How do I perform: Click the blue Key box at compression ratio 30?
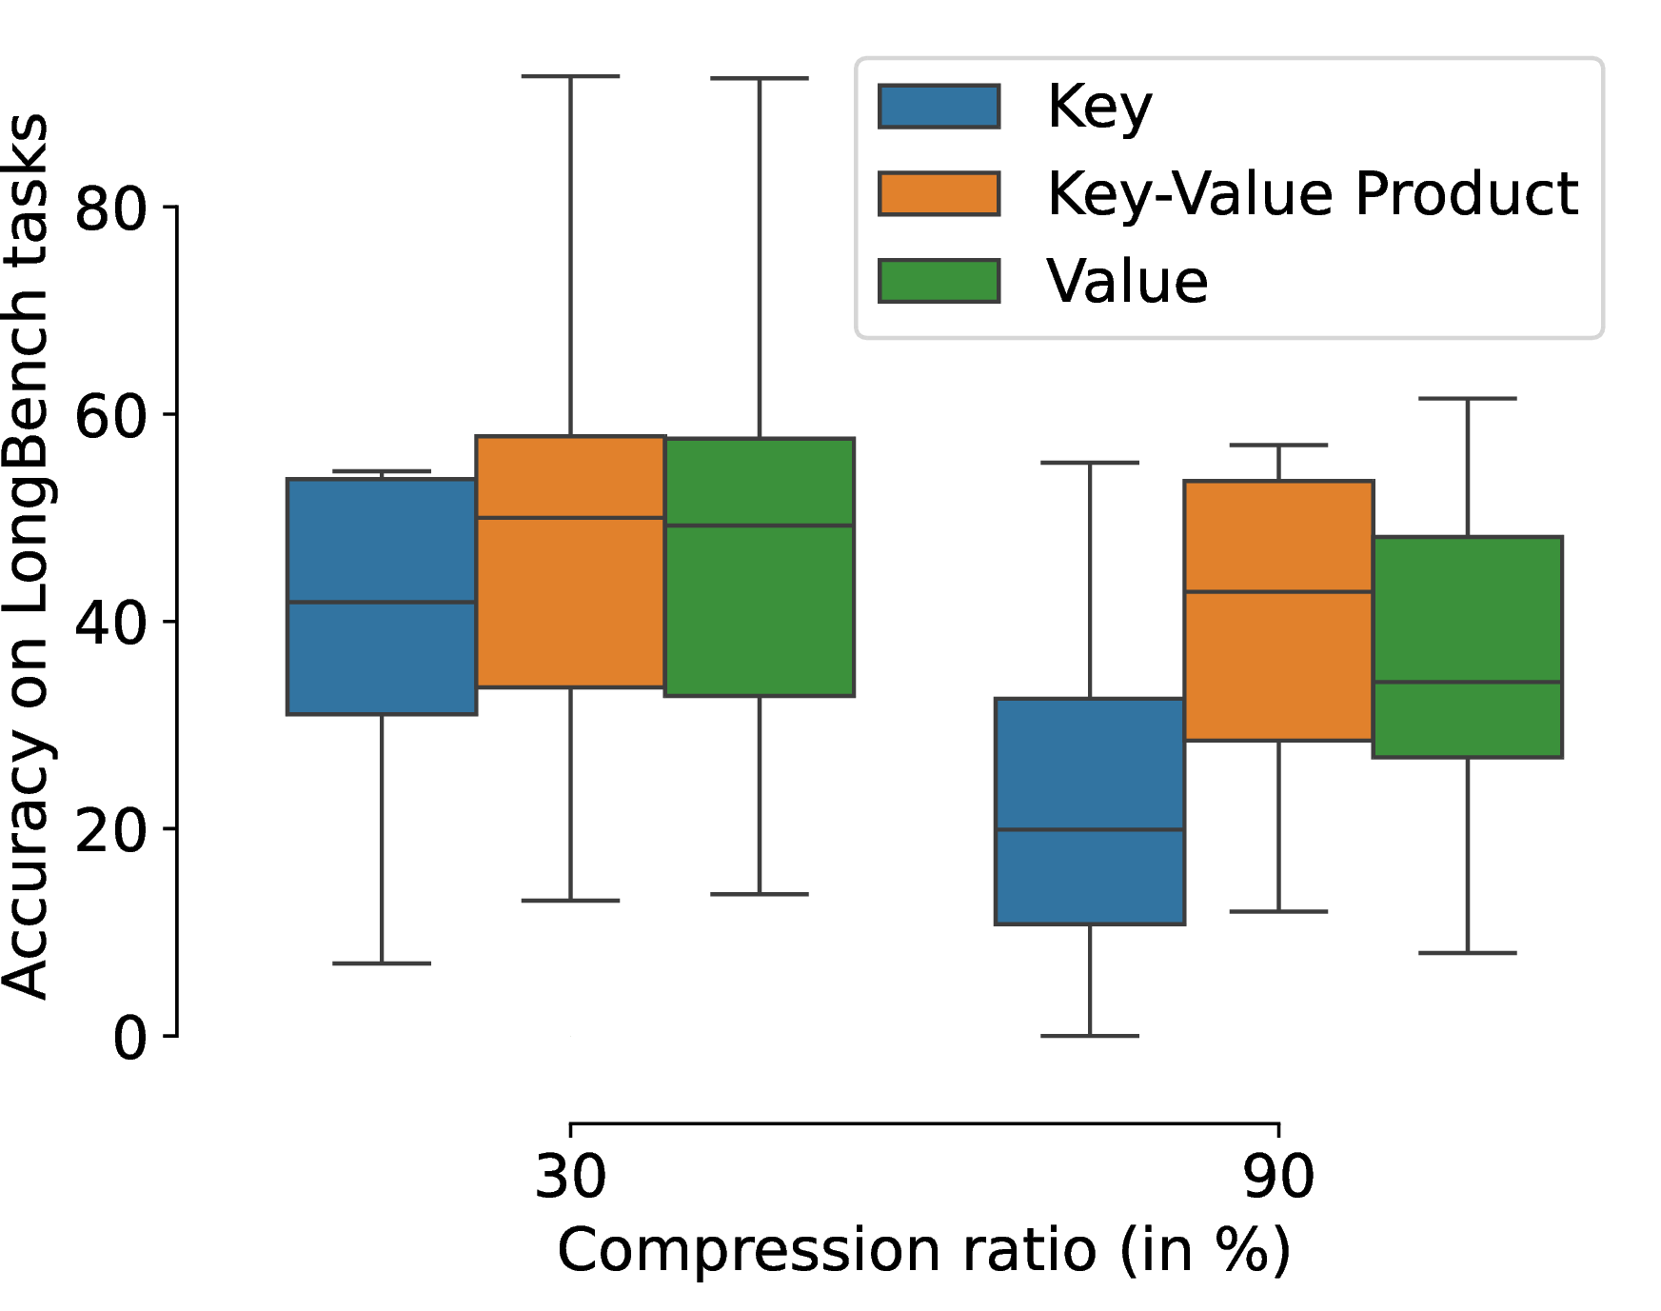pos(382,596)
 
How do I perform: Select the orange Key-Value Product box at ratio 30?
pos(570,562)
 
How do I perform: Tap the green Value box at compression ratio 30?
pos(760,567)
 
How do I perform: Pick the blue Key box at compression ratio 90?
pos(1090,811)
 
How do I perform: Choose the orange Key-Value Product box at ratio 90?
pos(1278,610)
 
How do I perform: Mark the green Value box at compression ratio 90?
pos(1468,647)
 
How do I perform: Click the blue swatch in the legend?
pos(939,107)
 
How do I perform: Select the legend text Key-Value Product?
pos(1312,194)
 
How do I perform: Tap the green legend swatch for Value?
pos(939,281)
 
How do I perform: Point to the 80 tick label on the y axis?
pos(111,208)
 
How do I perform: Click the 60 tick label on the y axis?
pos(111,415)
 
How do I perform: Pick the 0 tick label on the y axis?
pos(130,1037)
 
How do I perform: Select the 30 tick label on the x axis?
pos(570,1176)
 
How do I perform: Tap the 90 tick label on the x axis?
pos(1278,1176)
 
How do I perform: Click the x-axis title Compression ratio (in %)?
pos(923,1250)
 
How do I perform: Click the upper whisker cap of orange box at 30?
pos(570,76)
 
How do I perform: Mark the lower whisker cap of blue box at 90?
pos(1090,1035)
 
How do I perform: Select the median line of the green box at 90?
pos(1468,682)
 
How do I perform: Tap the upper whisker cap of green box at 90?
pos(1468,399)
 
